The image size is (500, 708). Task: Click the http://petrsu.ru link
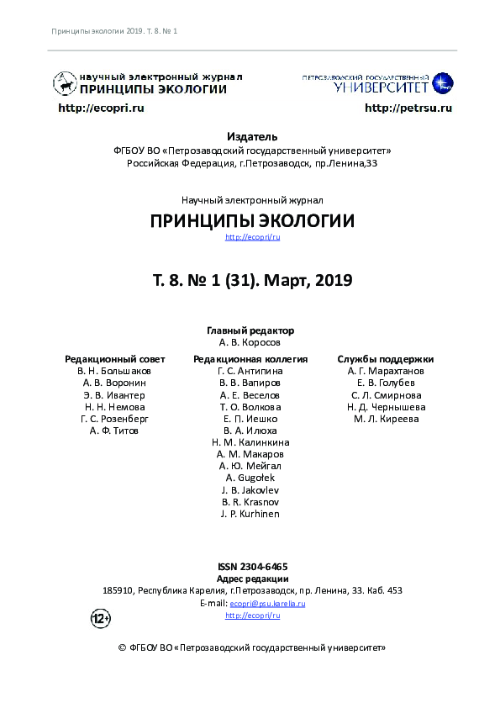point(408,108)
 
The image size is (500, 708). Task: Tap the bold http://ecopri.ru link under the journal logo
point(101,108)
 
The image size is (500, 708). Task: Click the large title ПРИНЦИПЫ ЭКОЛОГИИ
point(252,221)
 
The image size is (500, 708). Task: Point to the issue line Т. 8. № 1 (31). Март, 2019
point(252,280)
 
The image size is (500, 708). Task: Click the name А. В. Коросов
point(250,343)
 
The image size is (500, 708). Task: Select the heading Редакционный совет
point(114,359)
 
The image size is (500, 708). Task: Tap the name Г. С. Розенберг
point(114,419)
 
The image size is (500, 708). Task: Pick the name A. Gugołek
point(250,478)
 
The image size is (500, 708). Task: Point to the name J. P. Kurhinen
point(250,514)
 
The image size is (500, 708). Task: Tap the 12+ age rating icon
point(100,620)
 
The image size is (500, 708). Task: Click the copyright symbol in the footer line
point(123,648)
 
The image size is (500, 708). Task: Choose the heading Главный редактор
point(250,330)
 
